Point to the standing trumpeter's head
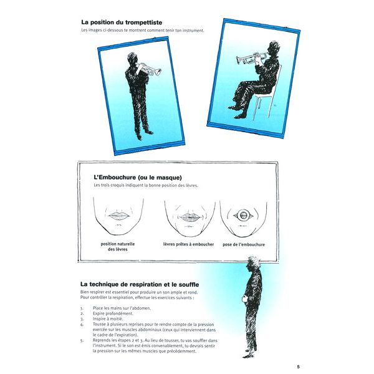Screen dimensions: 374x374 tap(132, 59)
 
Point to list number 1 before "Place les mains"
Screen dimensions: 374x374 tap(82, 308)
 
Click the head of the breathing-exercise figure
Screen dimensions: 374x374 tap(254, 264)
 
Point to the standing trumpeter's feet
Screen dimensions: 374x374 tap(145, 132)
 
